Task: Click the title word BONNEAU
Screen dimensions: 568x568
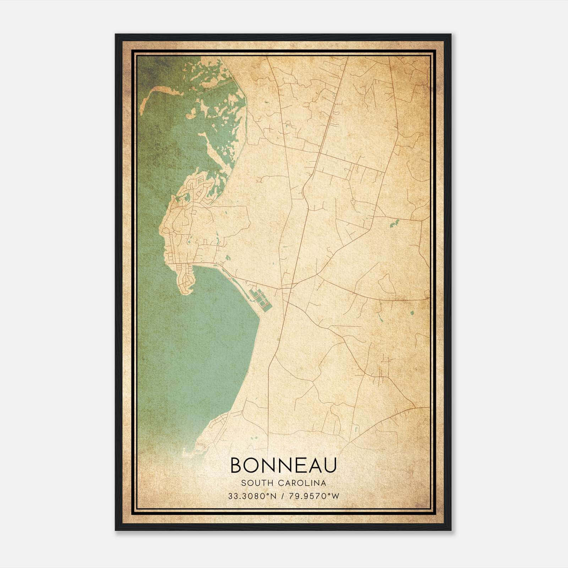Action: [283, 465]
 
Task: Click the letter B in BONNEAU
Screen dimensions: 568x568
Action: [236, 465]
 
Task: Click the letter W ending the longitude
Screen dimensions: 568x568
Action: [336, 496]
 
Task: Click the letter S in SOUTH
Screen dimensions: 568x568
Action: [243, 483]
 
